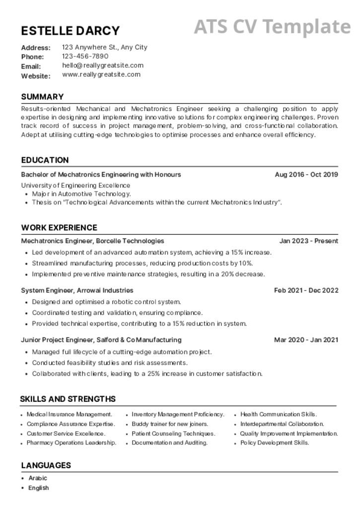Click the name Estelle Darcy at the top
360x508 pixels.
[70, 31]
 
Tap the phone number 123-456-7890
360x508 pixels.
[85, 56]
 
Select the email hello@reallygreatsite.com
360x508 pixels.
[103, 65]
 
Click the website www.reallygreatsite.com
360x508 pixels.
[101, 74]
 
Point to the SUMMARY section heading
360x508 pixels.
[42, 97]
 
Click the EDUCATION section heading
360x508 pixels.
[45, 160]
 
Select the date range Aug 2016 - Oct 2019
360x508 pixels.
[306, 174]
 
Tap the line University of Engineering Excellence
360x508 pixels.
[75, 185]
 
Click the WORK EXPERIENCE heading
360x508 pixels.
[59, 227]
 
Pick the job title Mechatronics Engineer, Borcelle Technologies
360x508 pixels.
[92, 241]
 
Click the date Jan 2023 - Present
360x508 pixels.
[308, 241]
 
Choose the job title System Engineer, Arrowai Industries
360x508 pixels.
[77, 290]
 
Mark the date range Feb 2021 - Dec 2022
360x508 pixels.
[306, 290]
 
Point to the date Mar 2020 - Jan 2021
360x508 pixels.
[306, 340]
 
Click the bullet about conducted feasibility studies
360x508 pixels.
[110, 363]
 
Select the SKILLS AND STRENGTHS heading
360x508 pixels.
[68, 399]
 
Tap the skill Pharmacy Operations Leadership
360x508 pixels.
[71, 443]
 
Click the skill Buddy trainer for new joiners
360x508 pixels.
[170, 424]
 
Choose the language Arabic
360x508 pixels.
[38, 478]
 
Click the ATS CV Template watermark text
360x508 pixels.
[272, 27]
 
